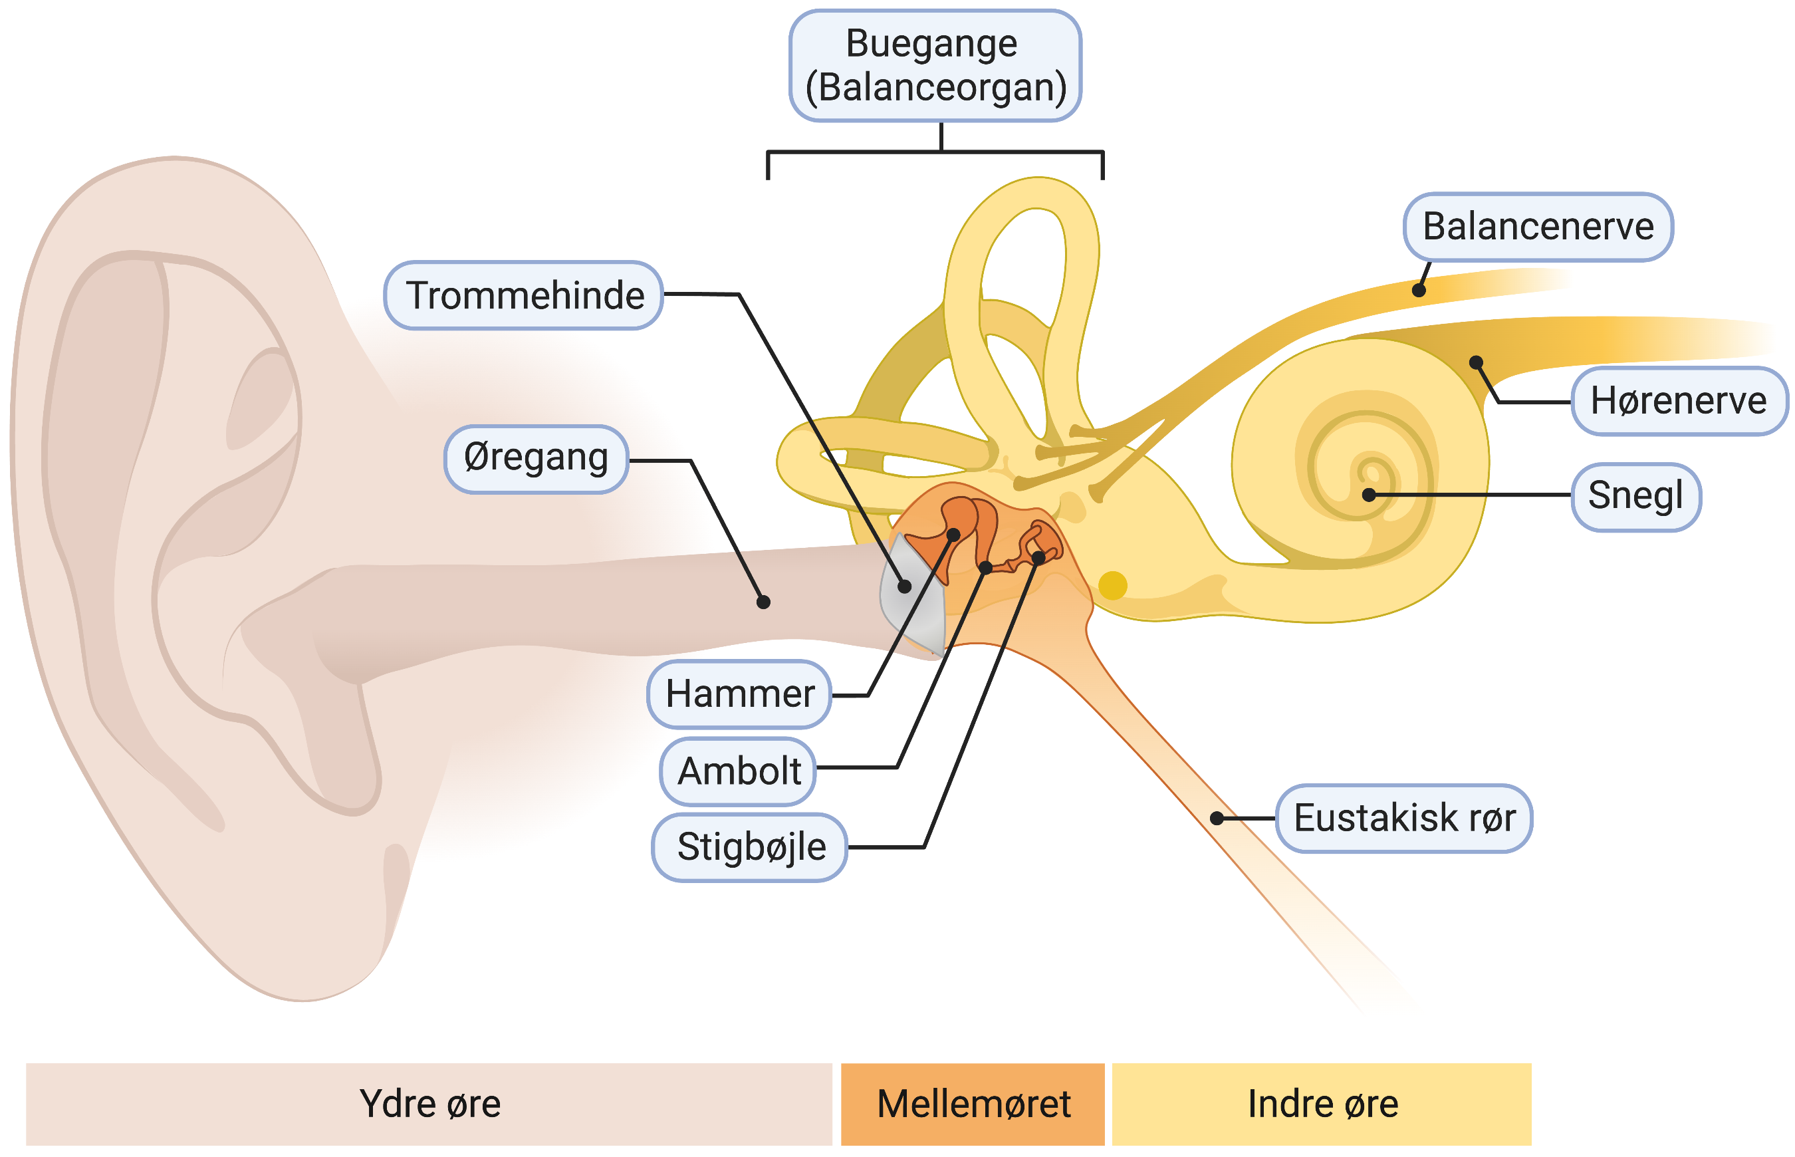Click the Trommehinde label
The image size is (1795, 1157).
click(x=523, y=295)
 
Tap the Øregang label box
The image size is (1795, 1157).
click(x=535, y=459)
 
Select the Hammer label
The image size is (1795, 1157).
click(x=739, y=694)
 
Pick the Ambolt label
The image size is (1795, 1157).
click(x=739, y=771)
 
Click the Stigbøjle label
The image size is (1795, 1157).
click(x=749, y=847)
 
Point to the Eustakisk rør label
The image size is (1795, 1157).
click(x=1403, y=818)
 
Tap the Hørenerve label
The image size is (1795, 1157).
click(x=1678, y=401)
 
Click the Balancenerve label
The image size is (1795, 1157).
click(x=1538, y=227)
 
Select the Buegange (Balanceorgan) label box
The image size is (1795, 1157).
click(x=934, y=66)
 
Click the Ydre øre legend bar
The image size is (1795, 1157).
click(x=429, y=1103)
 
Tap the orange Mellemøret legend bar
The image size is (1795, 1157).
click(x=972, y=1103)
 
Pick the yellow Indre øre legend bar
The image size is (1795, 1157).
click(x=1321, y=1103)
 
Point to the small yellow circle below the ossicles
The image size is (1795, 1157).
click(x=1112, y=585)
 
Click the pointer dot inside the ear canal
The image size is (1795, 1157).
click(x=763, y=602)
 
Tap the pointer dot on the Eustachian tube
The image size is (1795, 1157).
click(x=1217, y=818)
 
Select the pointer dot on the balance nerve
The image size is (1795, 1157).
click(x=1419, y=291)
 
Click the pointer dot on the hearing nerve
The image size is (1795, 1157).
click(x=1476, y=362)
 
